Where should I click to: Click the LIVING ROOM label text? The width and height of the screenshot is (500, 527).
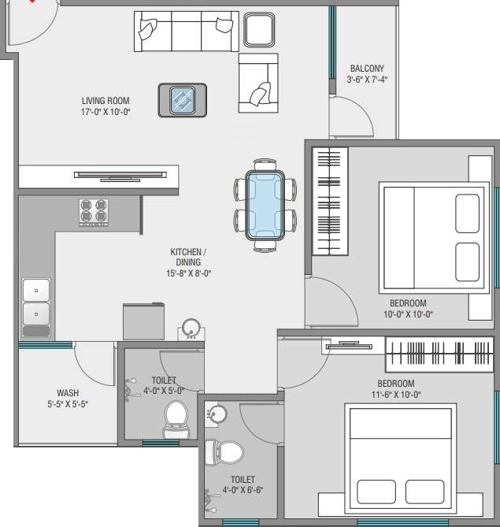coord(106,101)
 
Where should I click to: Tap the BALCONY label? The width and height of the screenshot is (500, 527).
coord(367,69)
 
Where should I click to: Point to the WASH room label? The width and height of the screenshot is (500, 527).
coord(68,392)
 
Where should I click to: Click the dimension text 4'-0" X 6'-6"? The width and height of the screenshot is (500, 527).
coord(242,490)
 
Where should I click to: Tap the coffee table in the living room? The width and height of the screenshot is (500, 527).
coord(183,100)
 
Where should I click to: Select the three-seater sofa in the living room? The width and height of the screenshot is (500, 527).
coord(185,31)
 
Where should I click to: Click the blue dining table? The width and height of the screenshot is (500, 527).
coord(265,205)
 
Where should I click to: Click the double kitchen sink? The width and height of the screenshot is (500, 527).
coord(35,302)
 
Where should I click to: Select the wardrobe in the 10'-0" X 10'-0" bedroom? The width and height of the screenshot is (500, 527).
coord(330,202)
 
